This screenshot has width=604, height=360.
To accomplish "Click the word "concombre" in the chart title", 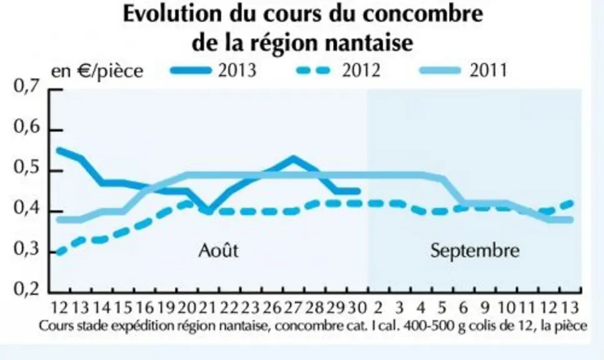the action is coord(423,14).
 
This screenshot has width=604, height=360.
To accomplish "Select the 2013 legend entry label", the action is coord(237,71).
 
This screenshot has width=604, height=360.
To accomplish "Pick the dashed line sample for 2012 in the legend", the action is coord(314,71).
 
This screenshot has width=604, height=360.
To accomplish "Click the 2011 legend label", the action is coord(488,71).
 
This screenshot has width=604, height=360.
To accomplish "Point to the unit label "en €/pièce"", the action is coord(97,71).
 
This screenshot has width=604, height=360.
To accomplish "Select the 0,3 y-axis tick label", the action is coord(27,249).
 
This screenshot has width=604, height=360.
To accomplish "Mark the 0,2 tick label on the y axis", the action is coord(27,289).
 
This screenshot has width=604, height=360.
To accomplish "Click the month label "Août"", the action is coord(218,250).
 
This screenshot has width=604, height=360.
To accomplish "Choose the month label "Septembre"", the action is coord(475,251).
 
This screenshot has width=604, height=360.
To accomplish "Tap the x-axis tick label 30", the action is coord(356,307).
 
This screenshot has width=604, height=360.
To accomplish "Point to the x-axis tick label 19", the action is coord(166,307).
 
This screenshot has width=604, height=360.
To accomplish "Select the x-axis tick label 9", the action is coord(485,307).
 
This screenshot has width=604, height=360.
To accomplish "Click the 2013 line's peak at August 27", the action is coord(293,158).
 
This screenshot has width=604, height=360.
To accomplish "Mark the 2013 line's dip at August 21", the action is coord(208,211).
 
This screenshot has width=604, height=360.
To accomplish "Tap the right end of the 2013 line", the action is coord(358,191).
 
